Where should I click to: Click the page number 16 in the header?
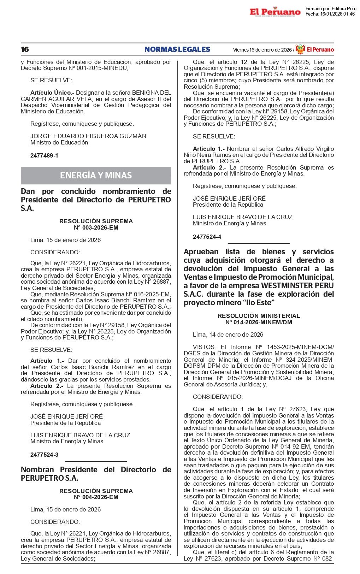coord(25,49)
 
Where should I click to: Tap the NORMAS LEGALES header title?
coord(177,49)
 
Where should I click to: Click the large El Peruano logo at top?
coord(275,12)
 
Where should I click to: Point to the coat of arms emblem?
coord(300,49)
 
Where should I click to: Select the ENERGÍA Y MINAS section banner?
coord(96,176)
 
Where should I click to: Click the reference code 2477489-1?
coord(44,155)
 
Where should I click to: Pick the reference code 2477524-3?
coord(44,455)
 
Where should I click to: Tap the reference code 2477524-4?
coord(207,237)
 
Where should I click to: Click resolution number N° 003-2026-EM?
coord(96,227)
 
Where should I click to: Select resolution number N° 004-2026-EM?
coord(96,497)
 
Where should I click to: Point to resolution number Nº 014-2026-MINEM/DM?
coord(259,322)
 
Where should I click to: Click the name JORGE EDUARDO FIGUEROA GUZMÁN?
coord(88,136)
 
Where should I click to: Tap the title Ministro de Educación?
coord(59,142)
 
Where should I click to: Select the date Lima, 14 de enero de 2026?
coord(228,335)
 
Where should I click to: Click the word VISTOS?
coord(204,347)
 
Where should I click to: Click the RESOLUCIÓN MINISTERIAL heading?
coord(259,316)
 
